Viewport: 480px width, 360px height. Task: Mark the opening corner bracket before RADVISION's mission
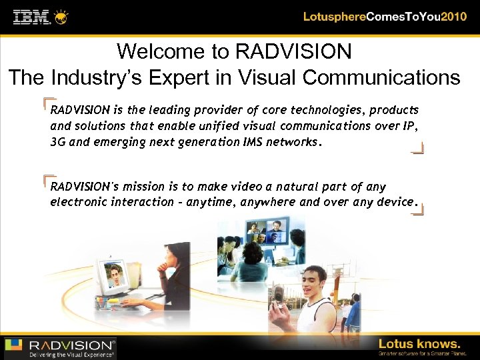[x=47, y=179]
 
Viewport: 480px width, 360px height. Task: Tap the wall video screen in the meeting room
[x=266, y=230]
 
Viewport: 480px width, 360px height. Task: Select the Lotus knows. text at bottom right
[x=419, y=343]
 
